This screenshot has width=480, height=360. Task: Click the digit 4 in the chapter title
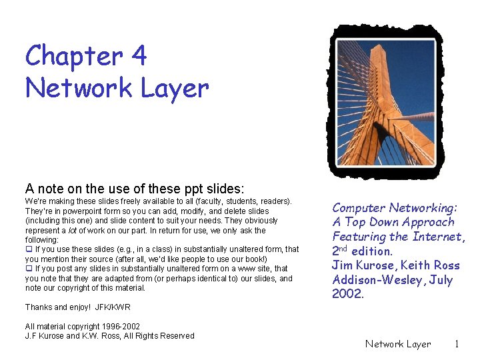click(x=139, y=55)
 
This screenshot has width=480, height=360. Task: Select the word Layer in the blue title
click(x=175, y=89)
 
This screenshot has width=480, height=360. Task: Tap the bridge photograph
click(x=386, y=103)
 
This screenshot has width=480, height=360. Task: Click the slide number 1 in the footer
click(x=457, y=344)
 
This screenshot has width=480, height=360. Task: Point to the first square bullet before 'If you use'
click(x=29, y=249)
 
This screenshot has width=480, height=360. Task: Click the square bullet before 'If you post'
click(x=29, y=269)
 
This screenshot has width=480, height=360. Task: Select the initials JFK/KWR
click(x=113, y=307)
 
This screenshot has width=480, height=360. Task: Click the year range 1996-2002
click(x=121, y=326)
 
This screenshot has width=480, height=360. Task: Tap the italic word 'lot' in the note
click(x=72, y=230)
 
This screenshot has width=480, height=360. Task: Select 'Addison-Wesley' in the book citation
click(x=377, y=280)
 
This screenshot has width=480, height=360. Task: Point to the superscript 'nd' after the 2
click(x=343, y=248)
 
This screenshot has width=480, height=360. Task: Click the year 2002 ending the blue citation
click(x=348, y=293)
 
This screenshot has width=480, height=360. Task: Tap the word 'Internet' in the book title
click(x=437, y=236)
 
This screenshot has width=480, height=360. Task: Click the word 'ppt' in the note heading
click(x=193, y=189)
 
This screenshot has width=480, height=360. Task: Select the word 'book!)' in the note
click(x=256, y=259)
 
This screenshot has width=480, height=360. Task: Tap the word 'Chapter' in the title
click(x=75, y=56)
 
